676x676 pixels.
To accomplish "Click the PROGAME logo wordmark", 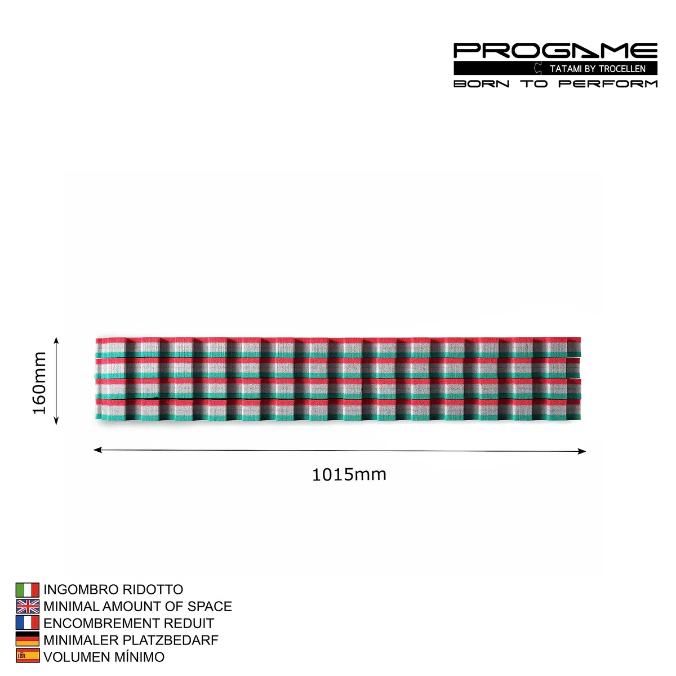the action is pos(555,51).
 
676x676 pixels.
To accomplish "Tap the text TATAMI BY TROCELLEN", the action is pos(598,69).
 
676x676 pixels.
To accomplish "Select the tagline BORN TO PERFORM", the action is pos(555,84).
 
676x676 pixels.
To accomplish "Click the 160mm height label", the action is pos(39,383).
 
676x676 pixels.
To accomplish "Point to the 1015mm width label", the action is pos(349,475).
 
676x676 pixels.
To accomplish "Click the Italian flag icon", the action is pos(28,590).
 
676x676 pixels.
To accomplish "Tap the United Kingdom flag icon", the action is pos(28,607).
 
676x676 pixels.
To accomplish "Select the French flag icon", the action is pos(28,623).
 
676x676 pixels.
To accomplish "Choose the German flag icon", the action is pos(28,640).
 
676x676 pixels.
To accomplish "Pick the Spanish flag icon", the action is pos(28,656).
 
